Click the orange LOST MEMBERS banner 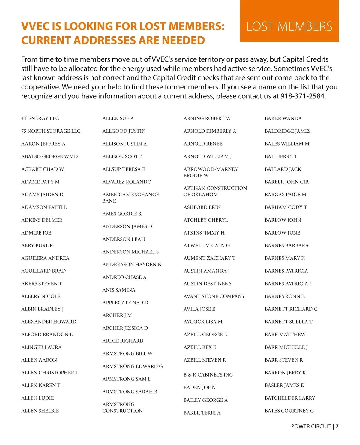(x=289, y=26)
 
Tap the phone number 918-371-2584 (x=303, y=96)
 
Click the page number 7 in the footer (x=337, y=426)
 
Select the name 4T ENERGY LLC (x=40, y=118)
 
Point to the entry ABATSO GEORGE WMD (x=49, y=156)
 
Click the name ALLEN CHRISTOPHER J (x=49, y=373)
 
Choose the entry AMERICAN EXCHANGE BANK (x=131, y=198)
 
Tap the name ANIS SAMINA (x=119, y=290)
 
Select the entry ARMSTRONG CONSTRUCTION (x=122, y=407)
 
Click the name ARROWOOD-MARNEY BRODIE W (x=211, y=172)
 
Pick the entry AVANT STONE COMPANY (x=214, y=296)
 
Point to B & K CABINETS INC (x=208, y=375)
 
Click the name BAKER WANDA (x=283, y=118)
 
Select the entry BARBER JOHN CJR (x=286, y=182)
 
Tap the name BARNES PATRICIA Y (x=289, y=284)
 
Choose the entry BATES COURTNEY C (x=289, y=411)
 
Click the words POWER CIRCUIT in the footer (x=311, y=426)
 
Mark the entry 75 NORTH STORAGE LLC (x=51, y=131)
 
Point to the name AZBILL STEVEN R (x=205, y=360)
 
